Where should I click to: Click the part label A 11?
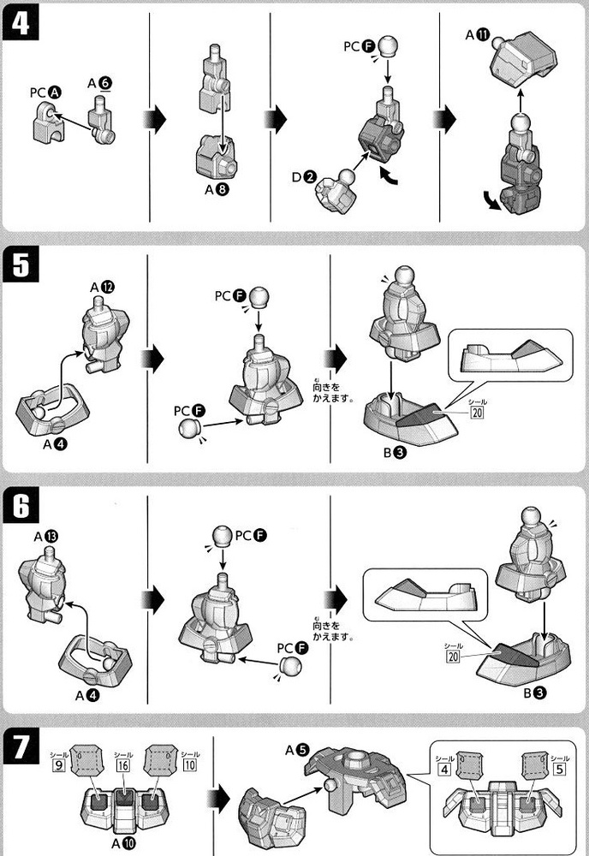[477, 35]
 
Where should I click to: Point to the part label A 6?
[99, 82]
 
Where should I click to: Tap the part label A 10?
[122, 842]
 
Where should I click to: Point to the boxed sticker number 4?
[443, 768]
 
